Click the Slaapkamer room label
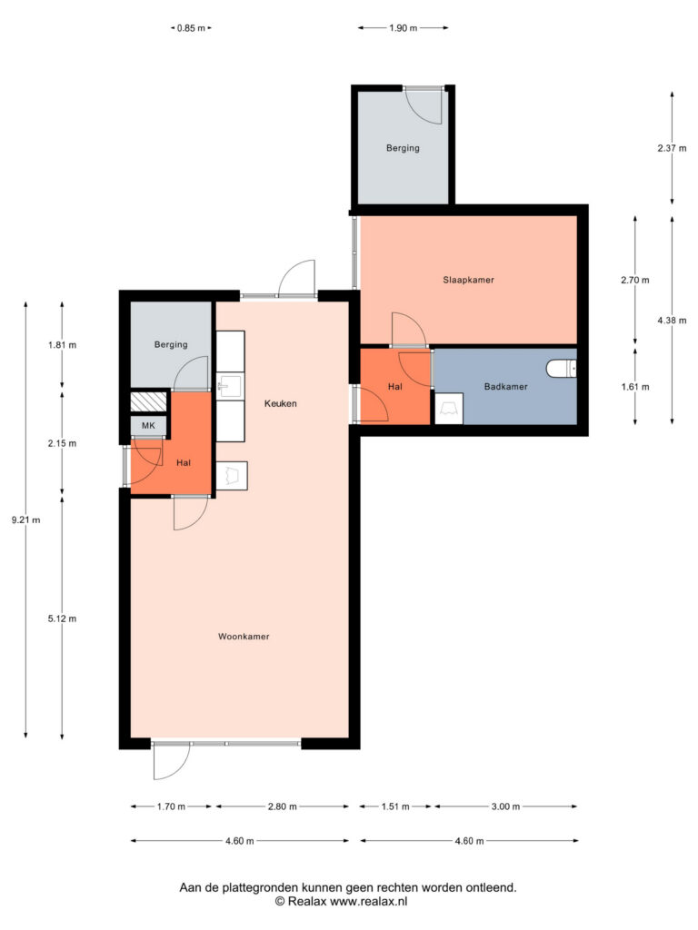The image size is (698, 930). tap(468, 280)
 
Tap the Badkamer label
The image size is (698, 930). tap(505, 387)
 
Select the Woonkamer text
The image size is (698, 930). tap(244, 637)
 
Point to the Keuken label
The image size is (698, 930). tap(280, 403)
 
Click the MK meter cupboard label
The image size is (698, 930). tap(148, 426)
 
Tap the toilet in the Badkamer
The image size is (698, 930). tap(561, 369)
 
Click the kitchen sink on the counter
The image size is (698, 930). tap(230, 386)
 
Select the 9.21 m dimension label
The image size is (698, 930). tap(26, 520)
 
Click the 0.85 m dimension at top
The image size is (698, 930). tap(191, 28)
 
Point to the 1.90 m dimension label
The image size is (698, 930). tap(403, 28)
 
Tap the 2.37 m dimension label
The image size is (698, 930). tap(672, 148)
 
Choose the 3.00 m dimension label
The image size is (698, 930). tap(505, 806)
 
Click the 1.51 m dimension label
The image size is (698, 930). tap(394, 806)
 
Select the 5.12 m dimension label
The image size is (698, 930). tap(63, 618)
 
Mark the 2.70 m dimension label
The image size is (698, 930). tap(635, 280)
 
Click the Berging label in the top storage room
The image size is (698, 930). tap(403, 148)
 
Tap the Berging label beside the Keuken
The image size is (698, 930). tap(171, 344)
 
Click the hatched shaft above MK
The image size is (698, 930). tap(148, 402)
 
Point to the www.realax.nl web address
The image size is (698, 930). tap(369, 902)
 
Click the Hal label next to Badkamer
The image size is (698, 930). tap(394, 387)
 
